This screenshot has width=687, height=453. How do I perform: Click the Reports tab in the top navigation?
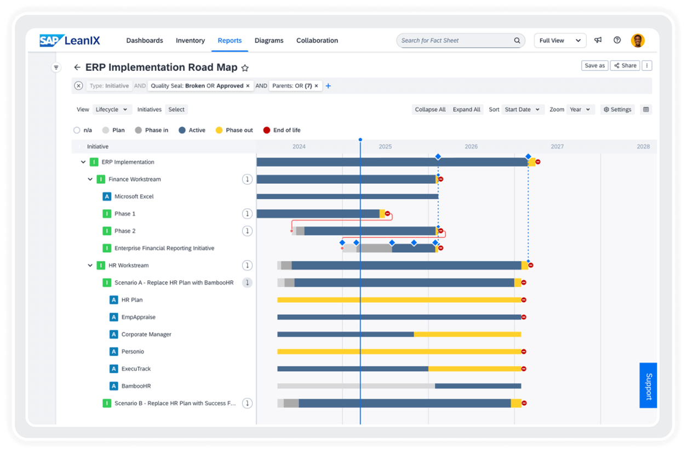[230, 41]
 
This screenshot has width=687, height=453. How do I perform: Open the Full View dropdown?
[560, 41]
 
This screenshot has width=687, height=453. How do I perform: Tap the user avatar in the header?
[637, 41]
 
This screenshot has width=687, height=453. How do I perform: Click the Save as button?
[594, 66]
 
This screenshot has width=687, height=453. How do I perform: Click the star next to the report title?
[245, 68]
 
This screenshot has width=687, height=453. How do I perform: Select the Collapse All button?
[430, 110]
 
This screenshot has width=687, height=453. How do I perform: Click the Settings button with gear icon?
[617, 110]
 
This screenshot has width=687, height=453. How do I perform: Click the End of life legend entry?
[282, 131]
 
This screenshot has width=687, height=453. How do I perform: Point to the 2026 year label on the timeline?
[471, 146]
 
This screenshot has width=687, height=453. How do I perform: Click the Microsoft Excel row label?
[134, 196]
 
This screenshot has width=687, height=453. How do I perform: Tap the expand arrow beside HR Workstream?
[90, 265]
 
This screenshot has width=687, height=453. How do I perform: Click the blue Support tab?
[648, 386]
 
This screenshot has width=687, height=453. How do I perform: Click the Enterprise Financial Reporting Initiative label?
[164, 248]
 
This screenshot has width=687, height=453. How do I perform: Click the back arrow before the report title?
[77, 67]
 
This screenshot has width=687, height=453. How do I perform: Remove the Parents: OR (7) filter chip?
[316, 86]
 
